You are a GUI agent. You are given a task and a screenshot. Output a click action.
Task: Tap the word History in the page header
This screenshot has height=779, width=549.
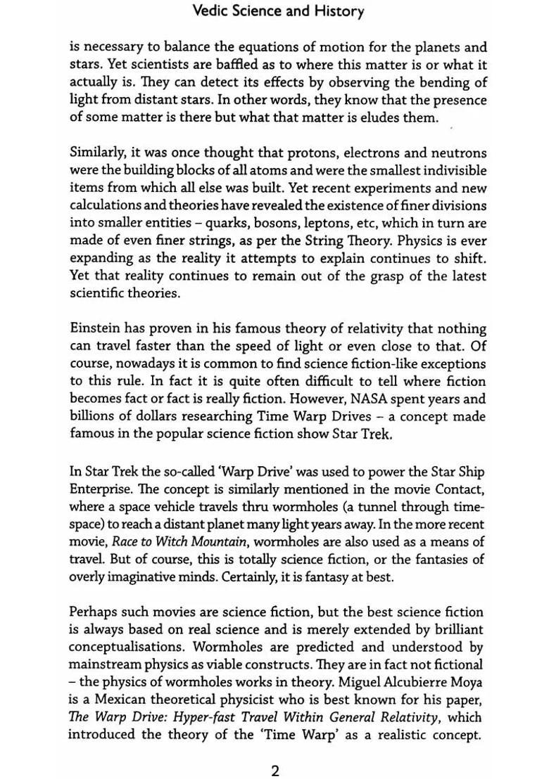[x=338, y=11]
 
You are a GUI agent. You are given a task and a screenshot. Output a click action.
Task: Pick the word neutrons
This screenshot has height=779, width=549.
[x=457, y=153]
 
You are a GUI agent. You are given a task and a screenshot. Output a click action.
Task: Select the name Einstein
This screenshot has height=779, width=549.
[x=94, y=329]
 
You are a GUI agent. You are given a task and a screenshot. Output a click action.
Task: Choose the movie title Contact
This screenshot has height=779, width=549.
[x=462, y=489]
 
